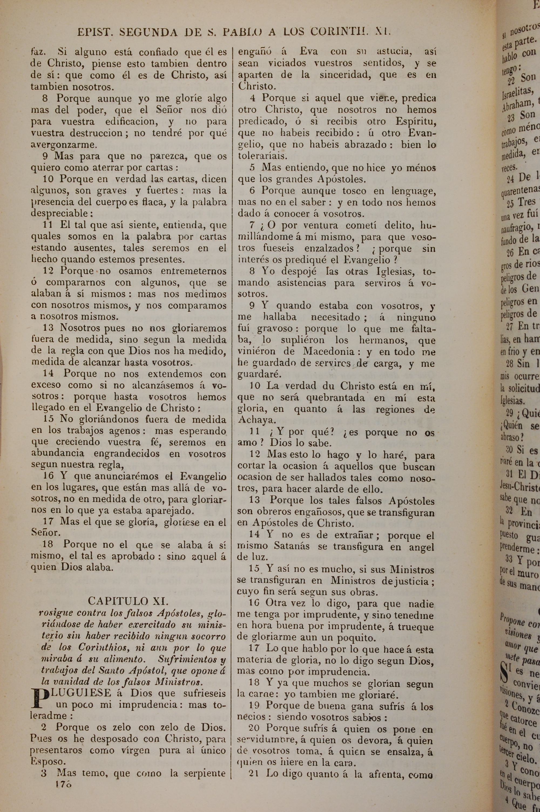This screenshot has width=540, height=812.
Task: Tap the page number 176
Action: pos(63,802)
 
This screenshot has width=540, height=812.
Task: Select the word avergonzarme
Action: pos(64,145)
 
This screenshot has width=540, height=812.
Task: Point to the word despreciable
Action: pos(62,214)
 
